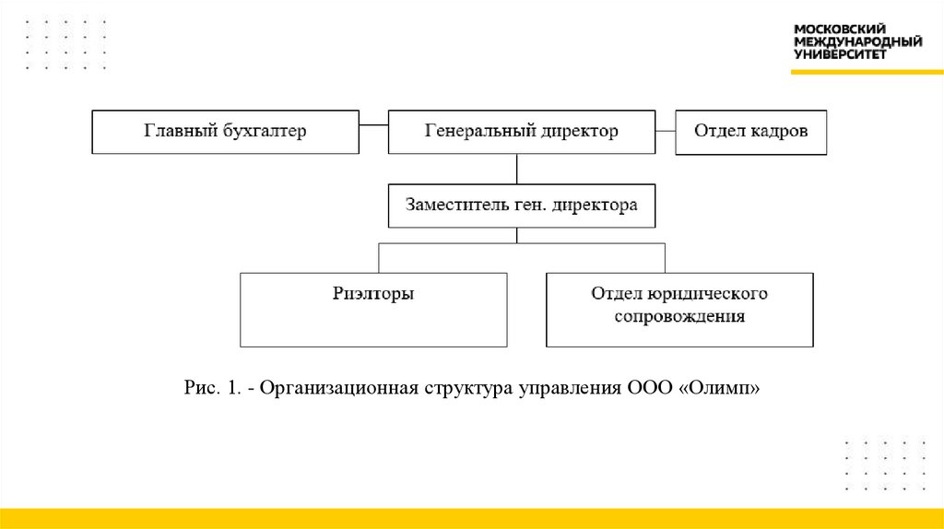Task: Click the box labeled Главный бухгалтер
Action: coord(225,132)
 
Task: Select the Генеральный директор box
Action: coord(521,132)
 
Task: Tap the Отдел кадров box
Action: coord(750,132)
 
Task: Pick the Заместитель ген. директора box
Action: coord(521,206)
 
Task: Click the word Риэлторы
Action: coord(373,294)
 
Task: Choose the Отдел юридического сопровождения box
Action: coord(679,310)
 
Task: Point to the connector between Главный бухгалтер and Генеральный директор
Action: coord(373,124)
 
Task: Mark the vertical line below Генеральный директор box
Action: coord(517,169)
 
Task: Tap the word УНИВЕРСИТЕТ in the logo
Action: coord(840,54)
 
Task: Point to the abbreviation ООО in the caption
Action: coord(645,389)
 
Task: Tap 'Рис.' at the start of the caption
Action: coord(199,389)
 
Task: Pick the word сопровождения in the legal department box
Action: coord(680,317)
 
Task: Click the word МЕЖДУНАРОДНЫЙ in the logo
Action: coord(857,42)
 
